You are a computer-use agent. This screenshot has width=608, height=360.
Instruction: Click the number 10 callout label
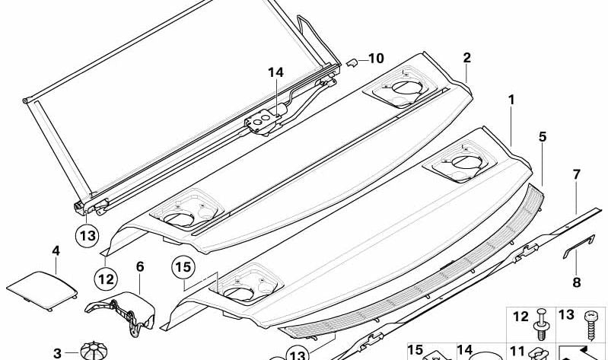tap(377, 59)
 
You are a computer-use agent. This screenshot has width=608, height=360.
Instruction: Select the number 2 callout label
tap(466, 58)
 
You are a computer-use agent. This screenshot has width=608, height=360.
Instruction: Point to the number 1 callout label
tap(512, 100)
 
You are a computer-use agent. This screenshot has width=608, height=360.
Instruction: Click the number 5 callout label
tap(543, 137)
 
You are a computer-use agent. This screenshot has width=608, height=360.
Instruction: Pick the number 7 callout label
tap(577, 175)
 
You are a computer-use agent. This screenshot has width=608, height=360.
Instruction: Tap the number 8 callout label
tap(576, 282)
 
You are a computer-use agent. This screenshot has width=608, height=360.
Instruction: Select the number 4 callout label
tap(56, 250)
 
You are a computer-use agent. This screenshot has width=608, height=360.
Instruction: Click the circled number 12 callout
tap(107, 278)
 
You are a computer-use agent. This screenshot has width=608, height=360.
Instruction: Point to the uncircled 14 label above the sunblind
tap(275, 72)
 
